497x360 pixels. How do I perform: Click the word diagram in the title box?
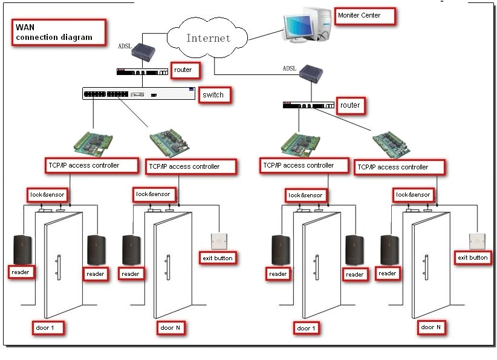click(77, 38)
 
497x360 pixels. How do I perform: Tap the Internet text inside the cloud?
click(208, 38)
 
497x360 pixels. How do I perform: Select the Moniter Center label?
click(359, 15)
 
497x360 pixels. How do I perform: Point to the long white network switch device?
click(140, 93)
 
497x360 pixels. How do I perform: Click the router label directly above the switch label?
click(183, 70)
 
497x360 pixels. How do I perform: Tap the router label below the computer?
click(349, 105)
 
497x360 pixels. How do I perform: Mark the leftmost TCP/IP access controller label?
click(83, 165)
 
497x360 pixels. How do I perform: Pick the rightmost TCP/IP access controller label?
click(401, 167)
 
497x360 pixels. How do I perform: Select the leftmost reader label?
click(20, 272)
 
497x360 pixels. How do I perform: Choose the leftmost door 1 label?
click(47, 328)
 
